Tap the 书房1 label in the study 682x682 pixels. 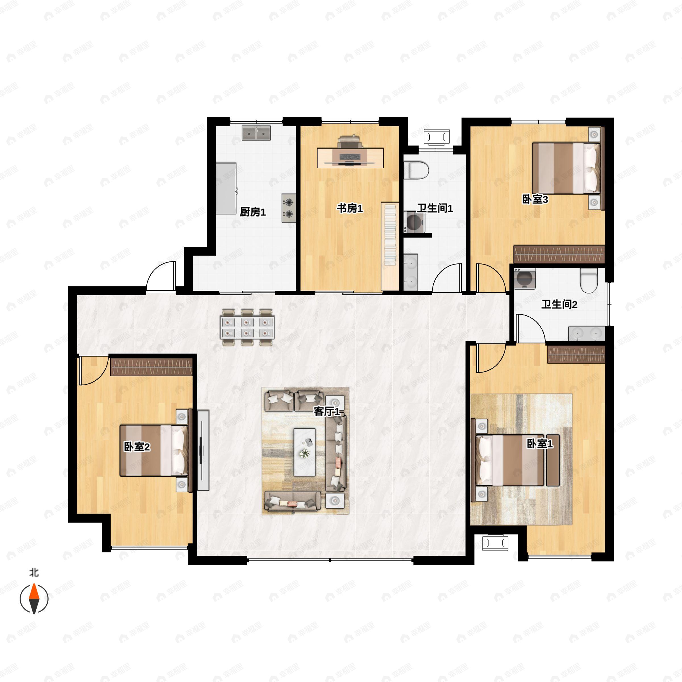(x=350, y=208)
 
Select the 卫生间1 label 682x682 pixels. (x=435, y=208)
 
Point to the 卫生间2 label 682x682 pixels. (x=559, y=304)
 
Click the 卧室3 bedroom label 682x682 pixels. (x=535, y=199)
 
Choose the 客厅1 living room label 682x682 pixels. (x=327, y=411)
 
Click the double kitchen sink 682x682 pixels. (x=256, y=133)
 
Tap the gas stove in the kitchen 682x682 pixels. (x=289, y=208)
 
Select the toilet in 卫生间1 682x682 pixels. (x=416, y=170)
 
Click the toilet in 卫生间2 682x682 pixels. (x=589, y=280)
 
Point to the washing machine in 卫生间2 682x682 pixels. (x=525, y=279)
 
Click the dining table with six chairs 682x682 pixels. (x=247, y=328)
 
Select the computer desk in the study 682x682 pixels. (x=350, y=158)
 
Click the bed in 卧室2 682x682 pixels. (x=154, y=450)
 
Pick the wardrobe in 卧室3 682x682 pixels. (x=559, y=254)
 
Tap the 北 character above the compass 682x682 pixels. (x=34, y=572)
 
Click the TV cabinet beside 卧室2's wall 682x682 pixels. (x=203, y=450)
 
